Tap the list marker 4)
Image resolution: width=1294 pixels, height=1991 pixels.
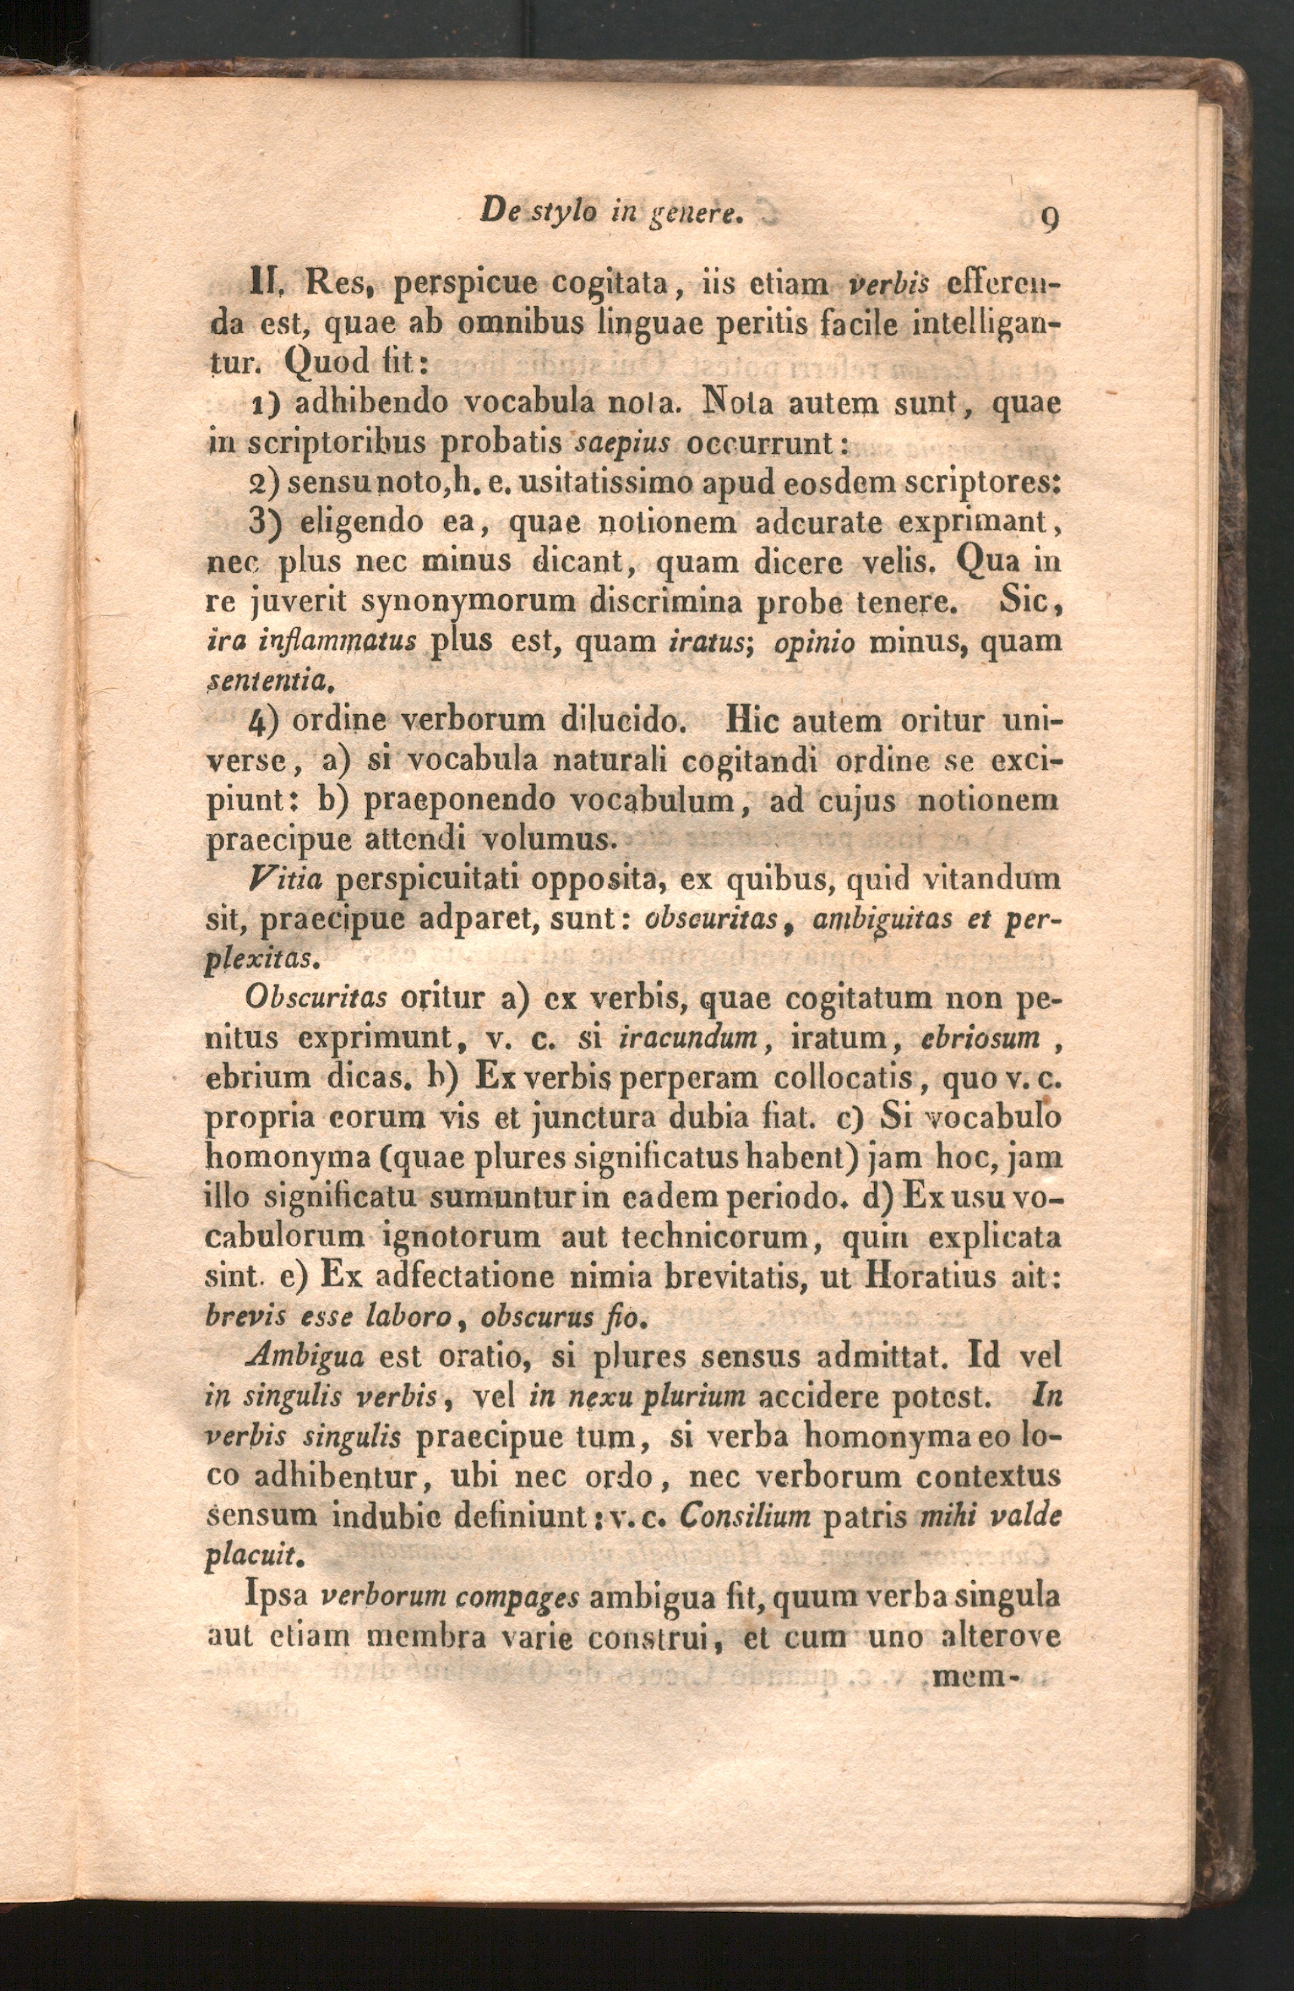263,722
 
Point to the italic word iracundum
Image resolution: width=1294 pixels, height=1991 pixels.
687,1038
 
